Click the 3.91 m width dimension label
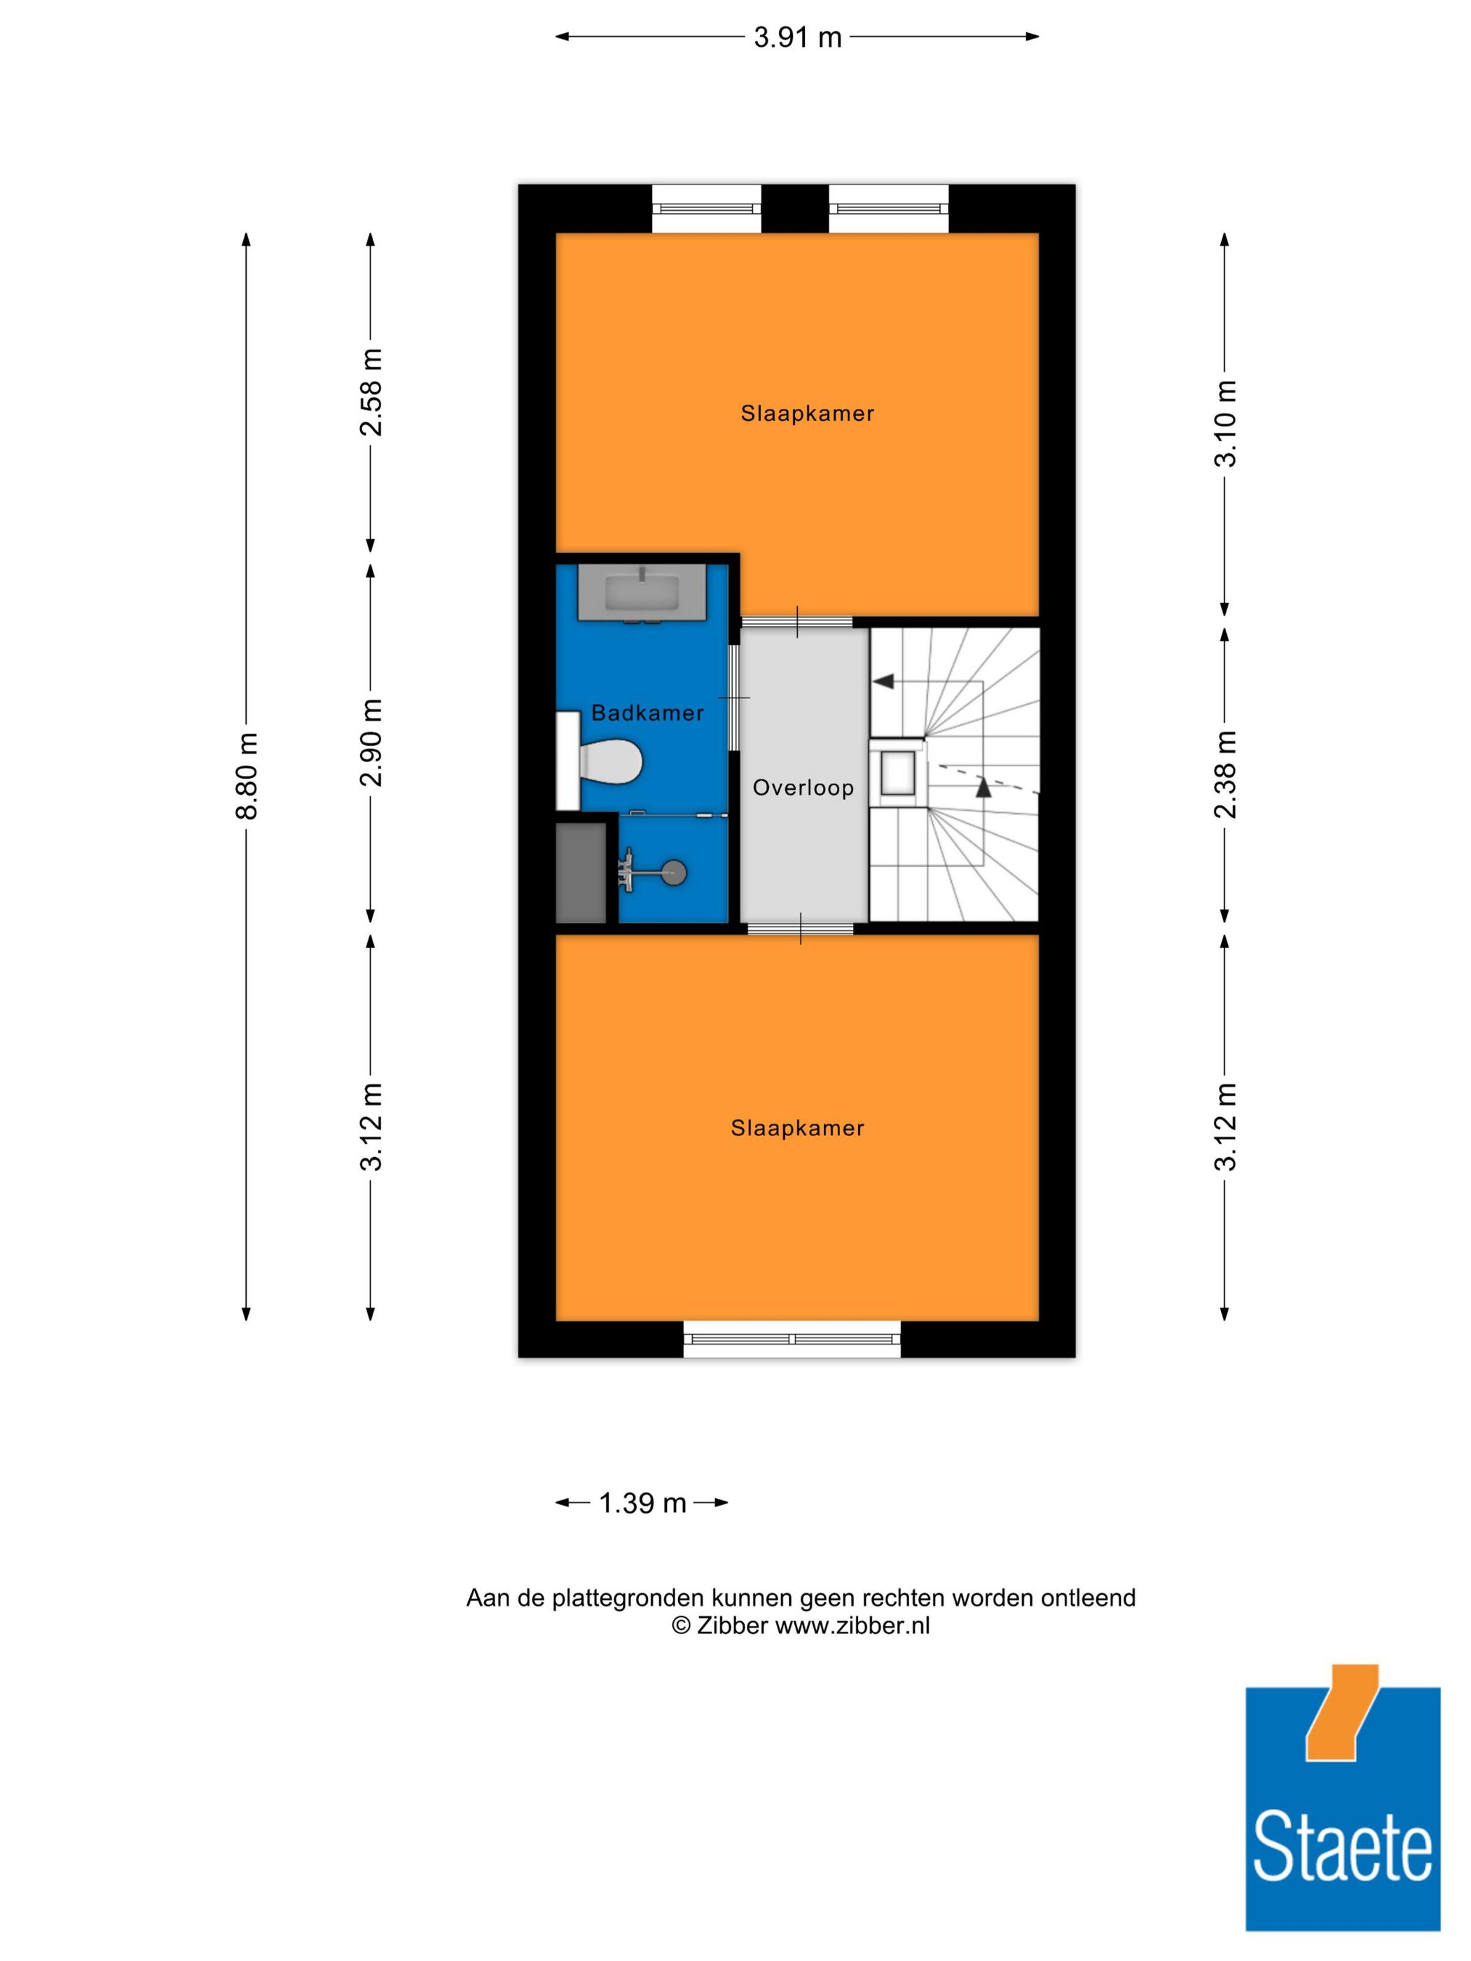pyautogui.click(x=797, y=37)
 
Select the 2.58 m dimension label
pyautogui.click(x=371, y=391)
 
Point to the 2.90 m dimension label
pyautogui.click(x=371, y=741)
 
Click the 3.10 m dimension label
pyautogui.click(x=1224, y=423)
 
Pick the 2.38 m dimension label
pyautogui.click(x=1224, y=773)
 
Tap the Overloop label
pyautogui.click(x=803, y=787)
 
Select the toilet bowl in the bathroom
pyautogui.click(x=611, y=763)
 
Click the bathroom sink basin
pyautogui.click(x=642, y=593)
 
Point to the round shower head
pyautogui.click(x=674, y=873)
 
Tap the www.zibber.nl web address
pyautogui.click(x=852, y=1626)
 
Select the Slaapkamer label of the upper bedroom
pyautogui.click(x=807, y=413)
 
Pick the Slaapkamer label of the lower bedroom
pyautogui.click(x=797, y=1128)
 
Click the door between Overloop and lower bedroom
pyautogui.click(x=801, y=928)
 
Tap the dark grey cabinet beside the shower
pyautogui.click(x=581, y=873)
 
